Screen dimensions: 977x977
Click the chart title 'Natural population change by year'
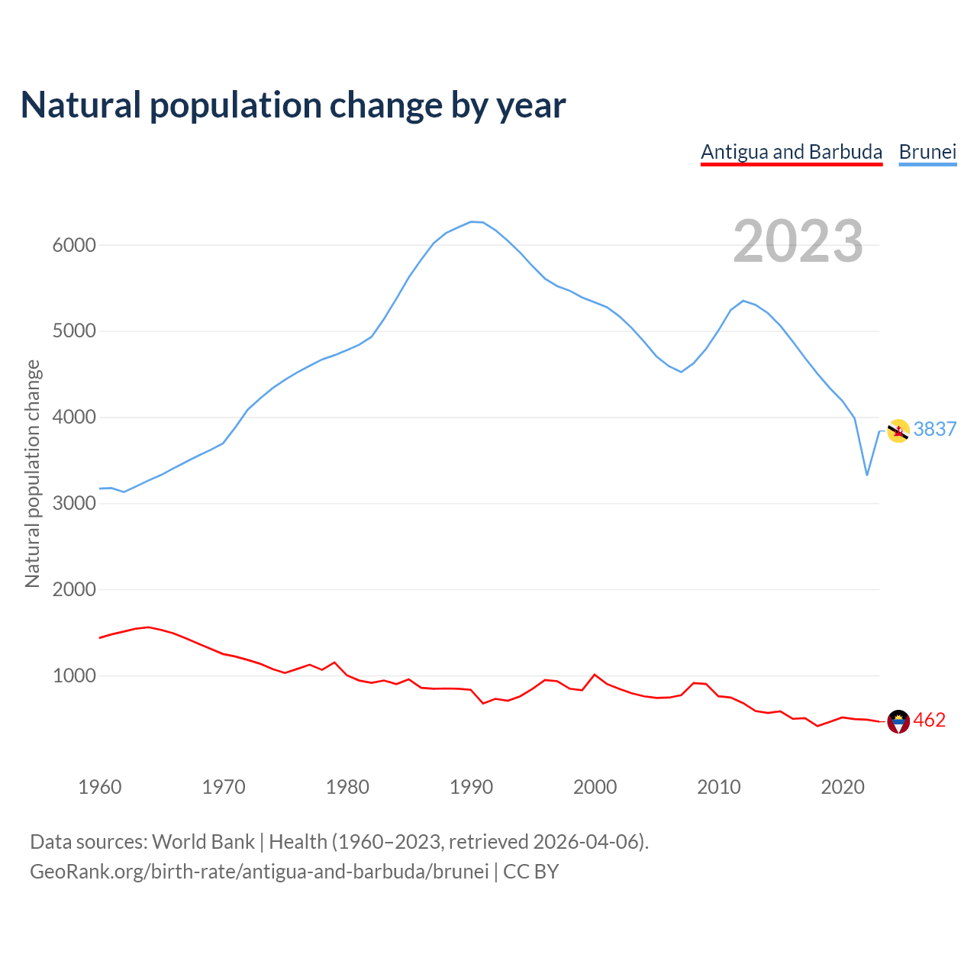293,105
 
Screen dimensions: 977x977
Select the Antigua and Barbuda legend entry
792,152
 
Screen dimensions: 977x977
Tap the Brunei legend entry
927,152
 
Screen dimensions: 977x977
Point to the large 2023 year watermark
798,241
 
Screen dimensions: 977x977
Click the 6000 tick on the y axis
74,246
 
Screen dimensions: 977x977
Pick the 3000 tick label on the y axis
74,504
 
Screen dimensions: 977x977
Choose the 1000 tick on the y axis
74,676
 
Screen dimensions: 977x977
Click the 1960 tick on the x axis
100,787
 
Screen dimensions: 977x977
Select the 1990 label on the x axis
471,787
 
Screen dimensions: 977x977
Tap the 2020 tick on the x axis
842,787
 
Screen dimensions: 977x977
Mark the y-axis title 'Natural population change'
32,473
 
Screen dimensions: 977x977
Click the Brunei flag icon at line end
898,431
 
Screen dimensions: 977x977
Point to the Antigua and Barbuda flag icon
898,721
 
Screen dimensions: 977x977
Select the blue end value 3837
935,430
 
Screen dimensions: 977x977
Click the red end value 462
930,721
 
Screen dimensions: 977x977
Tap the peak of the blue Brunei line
472,222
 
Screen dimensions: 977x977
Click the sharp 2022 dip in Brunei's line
867,475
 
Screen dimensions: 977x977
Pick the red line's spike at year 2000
595,675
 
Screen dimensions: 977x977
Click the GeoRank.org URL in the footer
260,872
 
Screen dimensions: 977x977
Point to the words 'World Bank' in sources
203,842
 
